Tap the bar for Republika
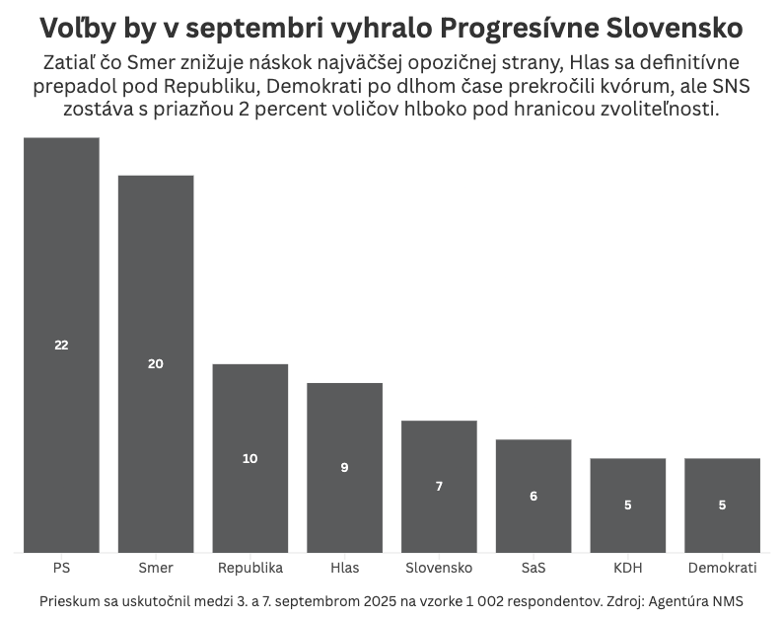250,415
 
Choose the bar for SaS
534,464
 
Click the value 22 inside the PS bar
61,345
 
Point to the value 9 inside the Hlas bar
344,467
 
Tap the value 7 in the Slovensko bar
439,486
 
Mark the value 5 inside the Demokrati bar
722,504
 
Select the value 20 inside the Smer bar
156,363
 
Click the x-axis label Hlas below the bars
344,568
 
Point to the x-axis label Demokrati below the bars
722,568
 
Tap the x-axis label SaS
534,568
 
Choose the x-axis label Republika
250,568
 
